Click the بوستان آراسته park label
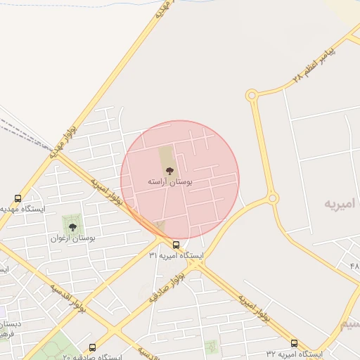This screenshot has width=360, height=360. (169, 181)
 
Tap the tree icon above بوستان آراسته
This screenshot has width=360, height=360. (169, 169)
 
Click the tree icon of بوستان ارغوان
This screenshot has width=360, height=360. (72, 226)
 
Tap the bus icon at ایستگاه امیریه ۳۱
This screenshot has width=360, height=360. (176, 245)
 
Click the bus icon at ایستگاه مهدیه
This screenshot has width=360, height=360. (18, 198)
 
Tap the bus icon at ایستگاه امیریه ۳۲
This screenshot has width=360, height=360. (294, 344)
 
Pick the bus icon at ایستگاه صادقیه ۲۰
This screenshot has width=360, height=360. (92, 347)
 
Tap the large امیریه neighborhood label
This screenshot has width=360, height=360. (341, 203)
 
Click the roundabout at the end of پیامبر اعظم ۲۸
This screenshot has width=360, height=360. (252, 95)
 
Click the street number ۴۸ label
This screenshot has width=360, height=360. (353, 266)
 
